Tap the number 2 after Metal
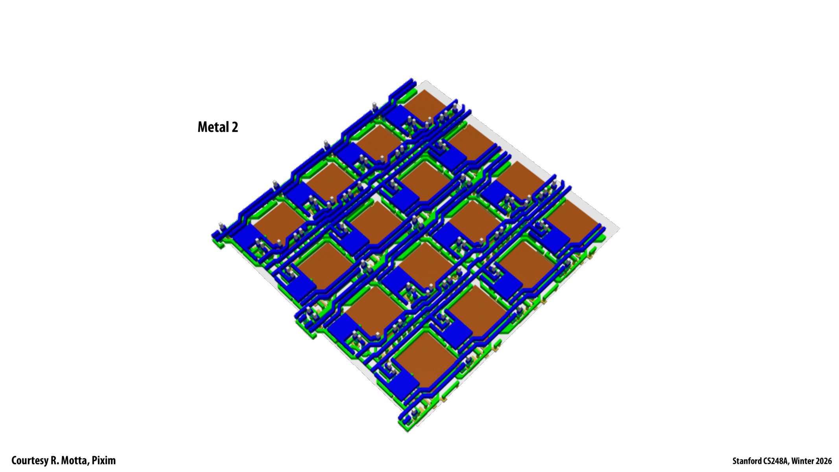235,127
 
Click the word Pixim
104,461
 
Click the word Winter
803,461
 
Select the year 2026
824,461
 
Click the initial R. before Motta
54,461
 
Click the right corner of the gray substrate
618,229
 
